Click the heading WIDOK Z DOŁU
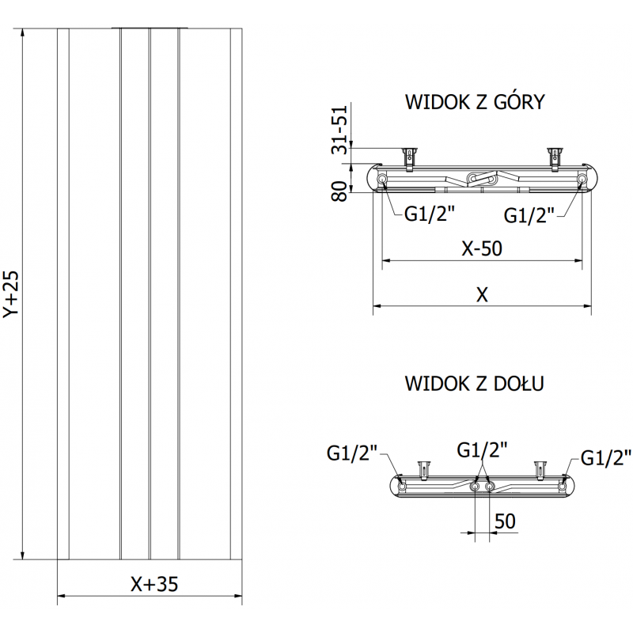click(473, 385)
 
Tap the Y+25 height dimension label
click(9, 294)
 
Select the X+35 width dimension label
click(154, 584)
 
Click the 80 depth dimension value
click(340, 191)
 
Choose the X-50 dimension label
click(481, 248)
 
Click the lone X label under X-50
click(482, 294)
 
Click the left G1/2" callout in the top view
click(429, 214)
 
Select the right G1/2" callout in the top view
click(529, 214)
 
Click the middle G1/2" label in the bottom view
click(482, 449)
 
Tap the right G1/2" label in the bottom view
click(606, 457)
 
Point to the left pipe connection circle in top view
click(383, 180)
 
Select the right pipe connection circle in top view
click(582, 180)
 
